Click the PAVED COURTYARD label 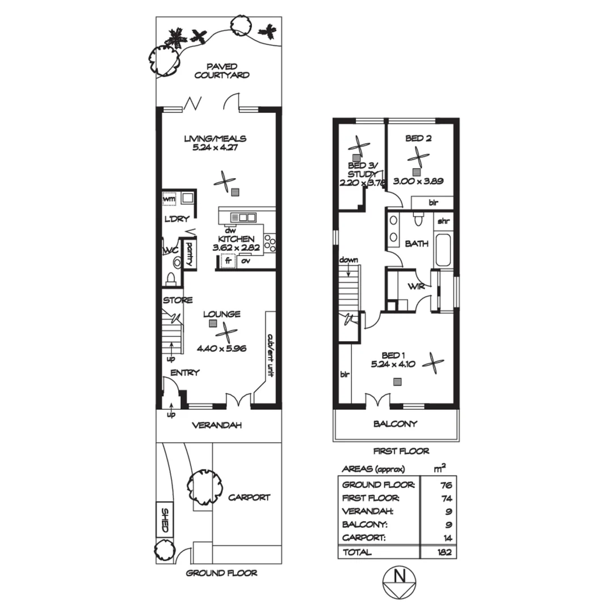(x=221, y=70)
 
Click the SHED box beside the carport (x=165, y=520)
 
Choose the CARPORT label (x=249, y=497)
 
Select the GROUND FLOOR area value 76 (x=445, y=485)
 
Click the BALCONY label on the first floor (x=395, y=423)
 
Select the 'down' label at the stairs (x=348, y=260)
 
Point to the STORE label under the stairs (x=178, y=300)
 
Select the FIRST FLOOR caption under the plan (x=401, y=451)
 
